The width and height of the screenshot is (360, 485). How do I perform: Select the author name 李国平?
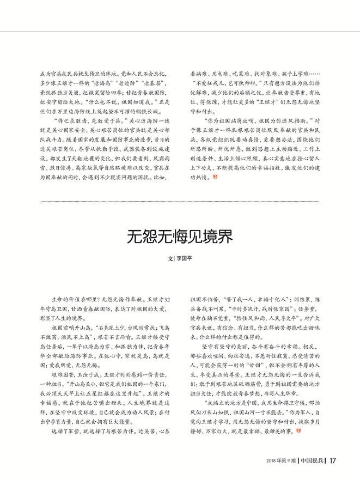tap(187, 260)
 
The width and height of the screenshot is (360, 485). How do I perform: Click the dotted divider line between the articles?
tap(180, 202)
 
